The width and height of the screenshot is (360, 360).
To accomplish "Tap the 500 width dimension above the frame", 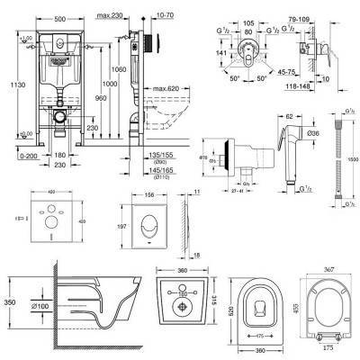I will point(57,6).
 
